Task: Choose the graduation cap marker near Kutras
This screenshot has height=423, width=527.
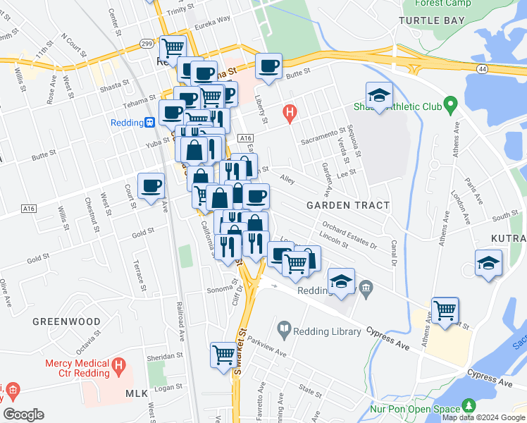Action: coord(488,264)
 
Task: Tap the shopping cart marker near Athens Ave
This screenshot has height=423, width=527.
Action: coord(445,310)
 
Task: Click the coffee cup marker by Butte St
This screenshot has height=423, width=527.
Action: coord(268,67)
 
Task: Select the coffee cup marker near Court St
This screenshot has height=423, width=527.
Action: coord(151,186)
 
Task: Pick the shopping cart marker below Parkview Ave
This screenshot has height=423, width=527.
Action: coord(223,354)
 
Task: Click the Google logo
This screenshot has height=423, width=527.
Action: coord(23,415)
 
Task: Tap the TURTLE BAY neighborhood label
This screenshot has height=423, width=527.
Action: coord(431,20)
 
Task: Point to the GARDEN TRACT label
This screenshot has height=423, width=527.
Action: coord(348,205)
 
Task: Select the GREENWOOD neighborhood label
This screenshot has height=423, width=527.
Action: coord(66,321)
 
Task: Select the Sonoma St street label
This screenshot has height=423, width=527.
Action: coord(219,290)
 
